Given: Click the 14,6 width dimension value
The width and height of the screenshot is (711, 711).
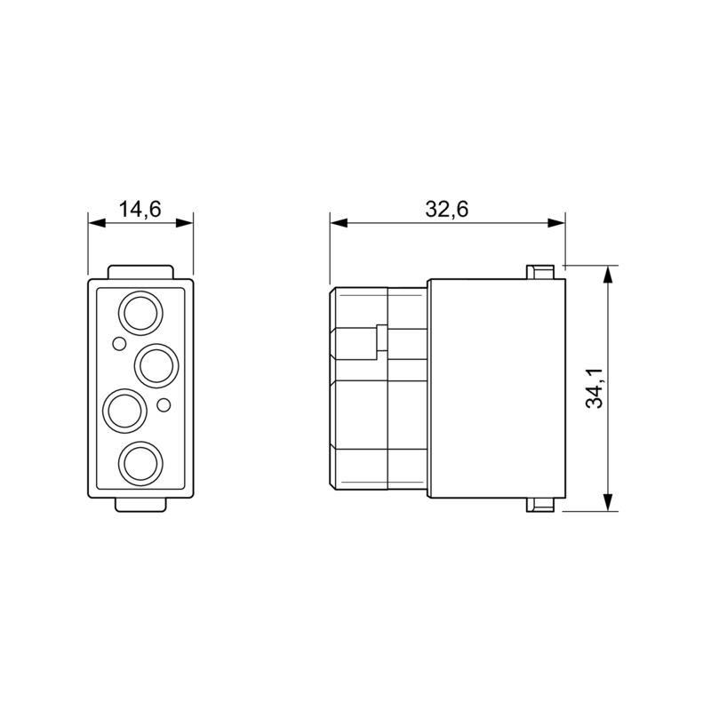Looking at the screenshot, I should pyautogui.click(x=140, y=210).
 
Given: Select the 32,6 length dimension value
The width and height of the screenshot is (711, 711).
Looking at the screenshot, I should pyautogui.click(x=446, y=210).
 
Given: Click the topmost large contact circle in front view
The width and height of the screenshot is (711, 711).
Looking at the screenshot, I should pyautogui.click(x=140, y=313).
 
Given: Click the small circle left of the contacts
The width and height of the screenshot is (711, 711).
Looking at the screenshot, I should pyautogui.click(x=117, y=343).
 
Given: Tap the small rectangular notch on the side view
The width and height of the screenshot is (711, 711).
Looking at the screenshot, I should pyautogui.click(x=381, y=339).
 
